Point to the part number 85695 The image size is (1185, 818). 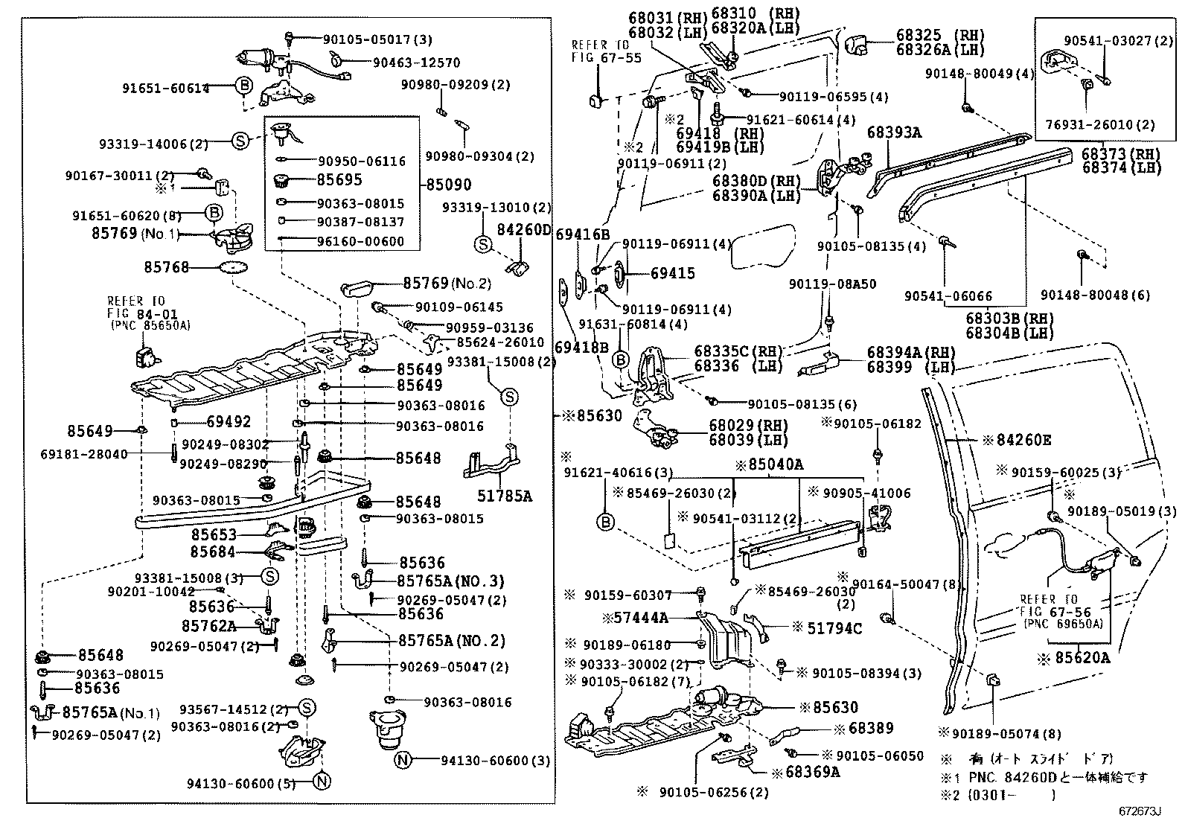(339, 179)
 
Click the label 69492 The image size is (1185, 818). (229, 421)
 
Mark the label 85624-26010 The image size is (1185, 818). (500, 342)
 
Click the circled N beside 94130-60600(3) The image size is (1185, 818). (403, 760)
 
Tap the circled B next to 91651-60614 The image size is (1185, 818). (244, 87)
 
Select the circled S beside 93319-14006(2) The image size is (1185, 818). (240, 141)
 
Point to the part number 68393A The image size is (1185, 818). (894, 134)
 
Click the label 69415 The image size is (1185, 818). (672, 273)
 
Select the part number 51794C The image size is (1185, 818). (834, 628)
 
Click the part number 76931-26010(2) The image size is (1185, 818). (1109, 125)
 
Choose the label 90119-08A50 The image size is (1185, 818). (832, 284)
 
